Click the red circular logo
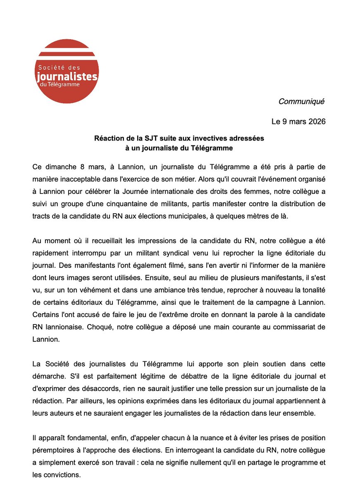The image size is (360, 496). coord(67,72)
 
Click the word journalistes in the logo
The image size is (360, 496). coord(67,77)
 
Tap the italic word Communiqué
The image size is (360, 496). coord(301,102)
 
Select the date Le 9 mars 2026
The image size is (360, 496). coord(298,122)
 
